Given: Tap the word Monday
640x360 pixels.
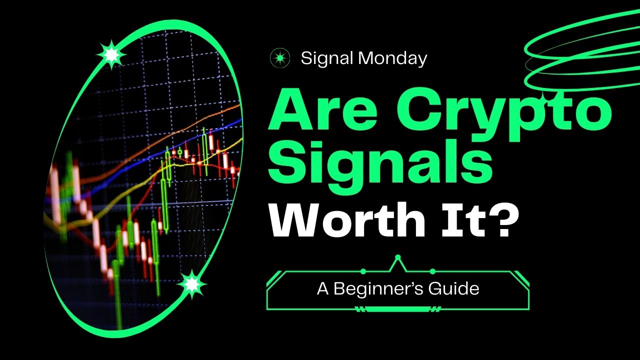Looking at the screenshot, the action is (x=392, y=59).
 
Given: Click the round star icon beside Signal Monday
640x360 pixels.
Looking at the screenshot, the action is (x=280, y=58).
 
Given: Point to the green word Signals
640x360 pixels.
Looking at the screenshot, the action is (x=380, y=165).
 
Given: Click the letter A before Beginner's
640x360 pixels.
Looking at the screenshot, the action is (x=323, y=288).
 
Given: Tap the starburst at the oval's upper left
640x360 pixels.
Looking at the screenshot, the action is (x=111, y=54).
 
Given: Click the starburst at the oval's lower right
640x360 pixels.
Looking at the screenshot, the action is (x=191, y=284).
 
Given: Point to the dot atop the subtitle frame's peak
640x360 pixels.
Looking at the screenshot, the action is (x=397, y=257).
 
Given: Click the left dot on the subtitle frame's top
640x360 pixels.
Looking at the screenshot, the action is (x=363, y=271).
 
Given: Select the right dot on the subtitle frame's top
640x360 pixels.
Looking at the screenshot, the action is (x=432, y=271).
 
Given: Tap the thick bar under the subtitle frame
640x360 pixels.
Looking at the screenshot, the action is (x=397, y=309).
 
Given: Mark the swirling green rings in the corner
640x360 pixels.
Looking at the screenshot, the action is (x=582, y=50).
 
